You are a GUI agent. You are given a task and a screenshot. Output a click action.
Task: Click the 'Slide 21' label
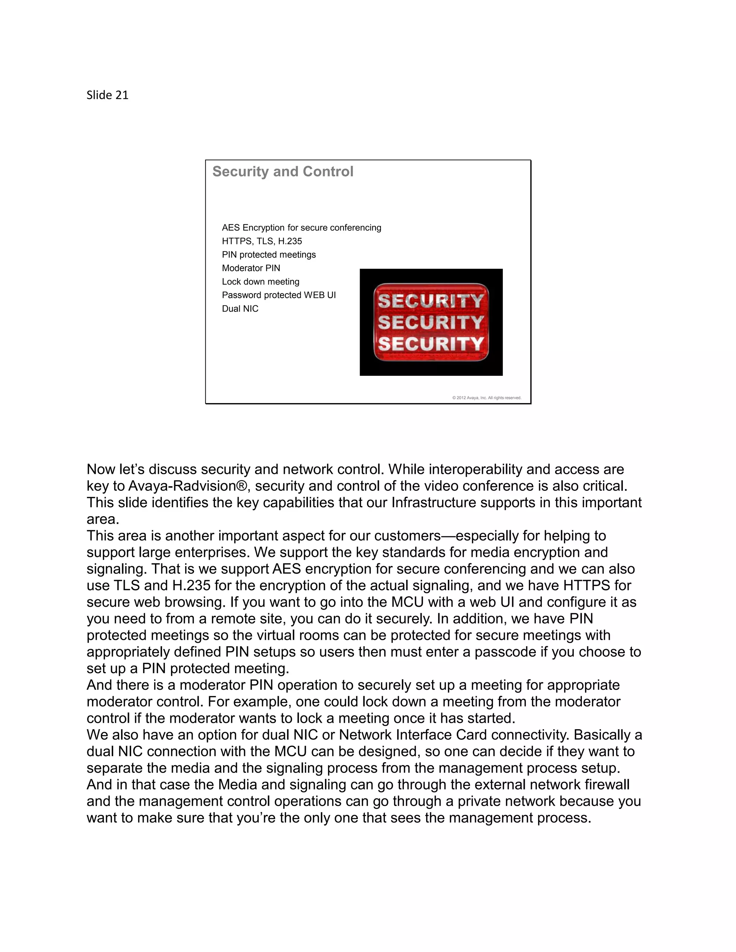coord(107,95)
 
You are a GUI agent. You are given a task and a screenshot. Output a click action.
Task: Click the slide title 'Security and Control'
coord(282,171)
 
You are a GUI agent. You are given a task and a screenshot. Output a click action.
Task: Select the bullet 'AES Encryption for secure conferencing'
coord(301,227)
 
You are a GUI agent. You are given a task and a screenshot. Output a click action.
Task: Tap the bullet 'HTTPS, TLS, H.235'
coord(262,241)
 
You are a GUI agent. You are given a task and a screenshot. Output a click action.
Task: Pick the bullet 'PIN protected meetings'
coord(268,255)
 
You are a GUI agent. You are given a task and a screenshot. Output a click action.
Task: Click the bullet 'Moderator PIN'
coord(251,268)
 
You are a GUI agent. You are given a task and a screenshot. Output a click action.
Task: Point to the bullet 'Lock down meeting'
coord(260,282)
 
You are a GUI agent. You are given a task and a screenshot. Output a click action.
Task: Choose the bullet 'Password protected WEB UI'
coord(279,295)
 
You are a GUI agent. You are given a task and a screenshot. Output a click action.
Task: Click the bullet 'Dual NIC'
coord(240,309)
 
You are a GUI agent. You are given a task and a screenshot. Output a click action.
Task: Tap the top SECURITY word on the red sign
coord(431,301)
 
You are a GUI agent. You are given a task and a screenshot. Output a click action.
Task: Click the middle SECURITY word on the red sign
coord(431,322)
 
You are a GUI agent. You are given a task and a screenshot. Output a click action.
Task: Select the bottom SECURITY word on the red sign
coord(431,343)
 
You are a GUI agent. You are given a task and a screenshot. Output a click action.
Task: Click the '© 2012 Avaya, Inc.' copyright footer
coord(487,398)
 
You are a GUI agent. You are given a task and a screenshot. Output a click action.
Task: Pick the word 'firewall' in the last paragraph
coord(607,785)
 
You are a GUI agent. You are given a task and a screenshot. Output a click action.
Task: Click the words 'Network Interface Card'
coord(412,735)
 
